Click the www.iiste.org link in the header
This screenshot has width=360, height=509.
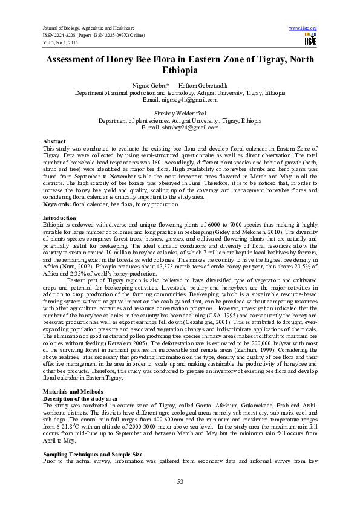304,28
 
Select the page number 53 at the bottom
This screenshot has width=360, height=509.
180,481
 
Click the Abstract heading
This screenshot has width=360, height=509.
56,140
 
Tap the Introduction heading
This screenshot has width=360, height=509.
59,217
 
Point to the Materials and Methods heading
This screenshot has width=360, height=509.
72,392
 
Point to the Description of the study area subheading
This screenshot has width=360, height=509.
78,399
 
